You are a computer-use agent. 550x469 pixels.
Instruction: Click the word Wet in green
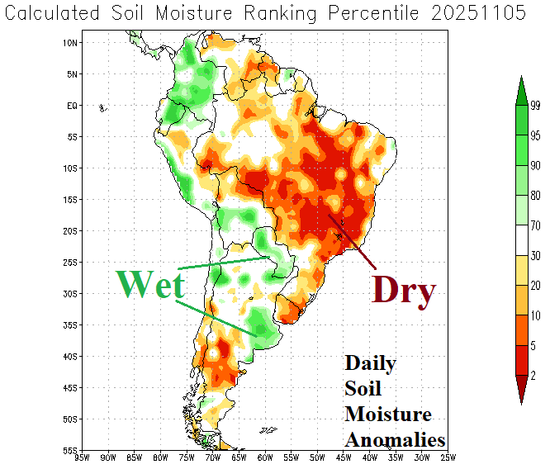(x=149, y=284)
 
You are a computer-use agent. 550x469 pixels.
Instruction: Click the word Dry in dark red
(x=403, y=290)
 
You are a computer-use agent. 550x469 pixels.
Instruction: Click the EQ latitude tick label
(x=71, y=106)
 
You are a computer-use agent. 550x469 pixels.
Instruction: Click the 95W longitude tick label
(x=82, y=458)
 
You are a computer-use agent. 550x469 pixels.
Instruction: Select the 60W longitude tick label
(x=264, y=458)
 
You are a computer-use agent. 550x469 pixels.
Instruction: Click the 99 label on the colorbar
(x=534, y=105)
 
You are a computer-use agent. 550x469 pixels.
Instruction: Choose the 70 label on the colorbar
(x=534, y=225)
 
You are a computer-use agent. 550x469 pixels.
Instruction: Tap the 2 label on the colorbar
(x=533, y=376)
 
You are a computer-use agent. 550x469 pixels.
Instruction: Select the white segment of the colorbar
(x=521, y=240)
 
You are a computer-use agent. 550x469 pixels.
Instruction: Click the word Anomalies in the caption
(x=396, y=440)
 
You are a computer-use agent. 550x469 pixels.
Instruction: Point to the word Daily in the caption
(x=370, y=363)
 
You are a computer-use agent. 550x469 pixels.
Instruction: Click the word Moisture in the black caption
(x=388, y=415)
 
